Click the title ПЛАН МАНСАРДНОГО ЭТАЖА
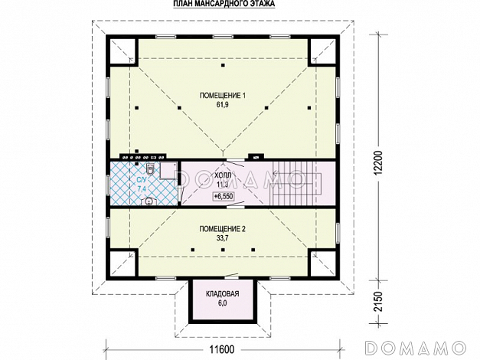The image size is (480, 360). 224,4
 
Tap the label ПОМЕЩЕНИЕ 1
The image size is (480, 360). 223,96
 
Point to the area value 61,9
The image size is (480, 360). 223,105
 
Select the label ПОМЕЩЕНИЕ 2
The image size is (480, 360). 223,229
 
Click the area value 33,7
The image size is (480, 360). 223,238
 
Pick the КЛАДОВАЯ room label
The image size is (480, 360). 223,294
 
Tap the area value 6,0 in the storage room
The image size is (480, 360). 223,303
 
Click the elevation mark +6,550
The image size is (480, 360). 224,196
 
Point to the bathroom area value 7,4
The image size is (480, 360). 142,188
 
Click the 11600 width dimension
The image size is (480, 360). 222,349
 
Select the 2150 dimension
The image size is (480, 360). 379,302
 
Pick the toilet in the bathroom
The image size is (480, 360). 150,169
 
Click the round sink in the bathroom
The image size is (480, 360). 149,201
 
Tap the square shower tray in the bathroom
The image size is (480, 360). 168,170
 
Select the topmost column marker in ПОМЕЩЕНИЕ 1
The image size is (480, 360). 224,65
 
